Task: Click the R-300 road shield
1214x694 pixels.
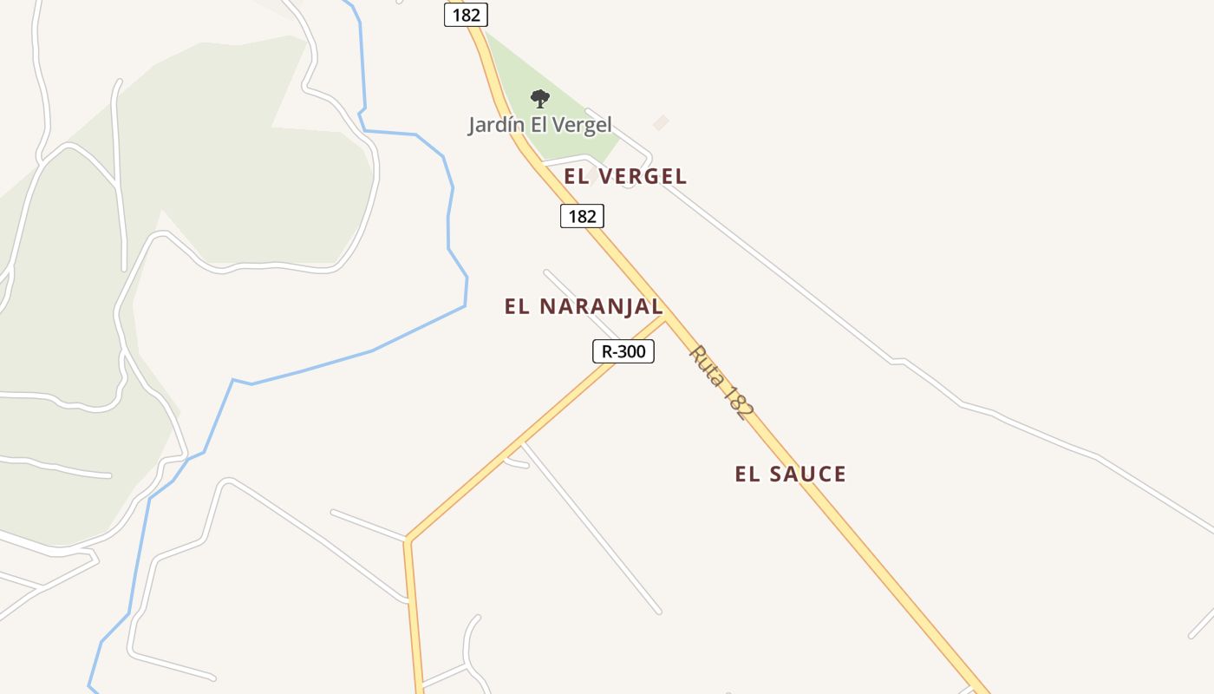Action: [623, 351]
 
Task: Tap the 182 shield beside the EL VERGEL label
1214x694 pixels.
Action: [582, 216]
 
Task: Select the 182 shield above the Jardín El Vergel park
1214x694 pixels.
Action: [466, 15]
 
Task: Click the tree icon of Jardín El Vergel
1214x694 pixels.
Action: [539, 99]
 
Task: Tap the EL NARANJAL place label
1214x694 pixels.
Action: [584, 306]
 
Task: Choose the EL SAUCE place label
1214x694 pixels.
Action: [790, 474]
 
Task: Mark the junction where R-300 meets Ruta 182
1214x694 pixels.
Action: [666, 317]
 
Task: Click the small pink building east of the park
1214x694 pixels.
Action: [661, 123]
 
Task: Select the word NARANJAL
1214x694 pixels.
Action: [601, 306]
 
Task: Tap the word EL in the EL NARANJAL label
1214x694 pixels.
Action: [516, 306]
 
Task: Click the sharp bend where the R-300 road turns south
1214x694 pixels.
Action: [407, 540]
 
